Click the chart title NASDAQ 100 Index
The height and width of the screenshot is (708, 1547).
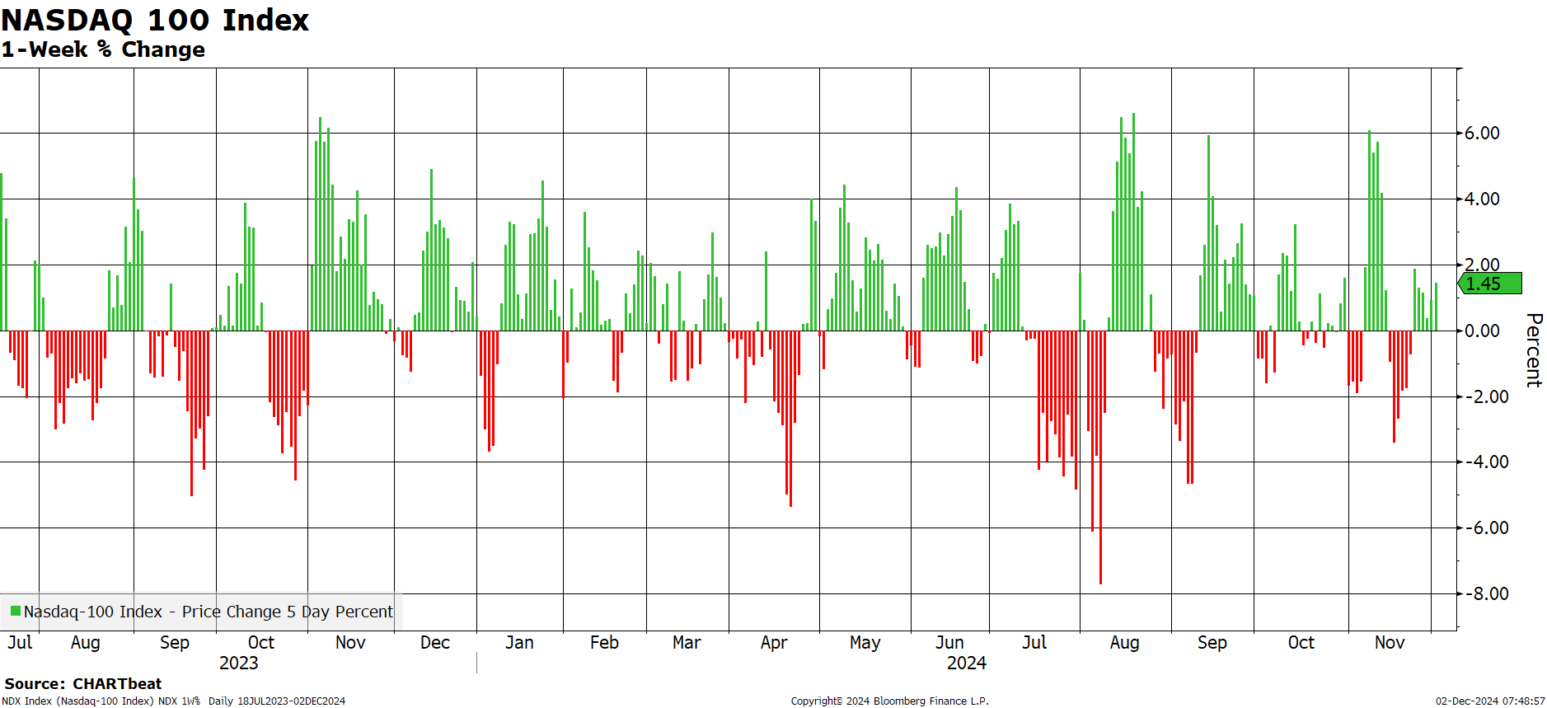pos(155,20)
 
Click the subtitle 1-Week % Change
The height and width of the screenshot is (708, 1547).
pos(103,49)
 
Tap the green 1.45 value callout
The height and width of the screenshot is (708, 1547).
pos(1489,284)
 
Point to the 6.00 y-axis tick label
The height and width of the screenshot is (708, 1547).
pos(1482,133)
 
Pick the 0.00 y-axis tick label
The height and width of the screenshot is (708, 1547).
pos(1482,331)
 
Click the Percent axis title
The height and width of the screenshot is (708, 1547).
pos(1533,349)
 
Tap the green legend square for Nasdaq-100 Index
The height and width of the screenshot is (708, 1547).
pos(16,611)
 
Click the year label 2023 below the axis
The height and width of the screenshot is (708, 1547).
pos(239,663)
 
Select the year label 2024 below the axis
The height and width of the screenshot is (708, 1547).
pos(967,663)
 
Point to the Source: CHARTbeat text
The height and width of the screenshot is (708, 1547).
pos(83,683)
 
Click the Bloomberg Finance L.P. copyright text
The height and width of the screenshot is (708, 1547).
pos(889,701)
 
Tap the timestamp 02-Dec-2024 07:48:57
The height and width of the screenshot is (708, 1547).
pos(1490,701)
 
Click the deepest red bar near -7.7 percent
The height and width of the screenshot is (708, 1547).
pos(1100,457)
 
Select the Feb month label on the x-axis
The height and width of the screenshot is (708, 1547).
pos(604,642)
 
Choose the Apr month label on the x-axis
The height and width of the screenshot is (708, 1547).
pos(774,643)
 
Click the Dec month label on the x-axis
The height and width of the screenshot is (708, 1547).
pos(435,642)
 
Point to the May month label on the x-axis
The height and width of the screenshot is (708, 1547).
pos(865,643)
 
